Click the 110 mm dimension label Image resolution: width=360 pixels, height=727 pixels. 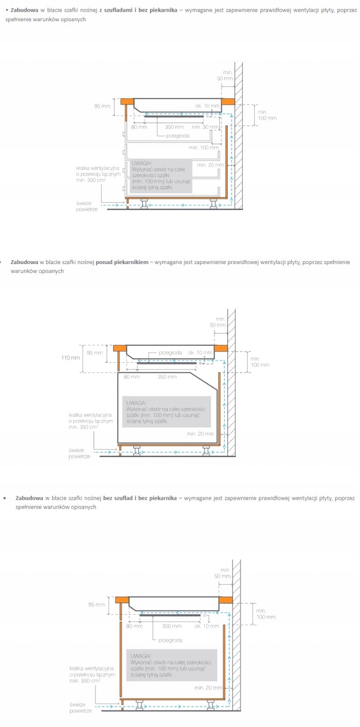[70, 358]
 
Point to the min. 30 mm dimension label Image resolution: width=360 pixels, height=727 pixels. [205, 127]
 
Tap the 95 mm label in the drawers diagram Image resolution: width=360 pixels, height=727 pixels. [102, 106]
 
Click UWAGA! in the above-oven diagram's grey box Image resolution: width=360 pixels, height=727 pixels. [136, 403]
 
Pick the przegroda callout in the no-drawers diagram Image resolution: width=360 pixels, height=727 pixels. [170, 641]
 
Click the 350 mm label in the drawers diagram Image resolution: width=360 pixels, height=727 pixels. [174, 127]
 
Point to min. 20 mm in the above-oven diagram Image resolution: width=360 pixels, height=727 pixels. [200, 434]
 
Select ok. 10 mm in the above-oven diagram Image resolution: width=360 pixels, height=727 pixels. [200, 353]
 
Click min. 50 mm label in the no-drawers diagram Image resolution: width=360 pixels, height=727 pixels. [223, 573]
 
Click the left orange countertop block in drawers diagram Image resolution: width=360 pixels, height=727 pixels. [127, 102]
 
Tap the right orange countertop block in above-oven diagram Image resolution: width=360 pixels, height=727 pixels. [221, 348]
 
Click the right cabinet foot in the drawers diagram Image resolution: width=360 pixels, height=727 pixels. [214, 204]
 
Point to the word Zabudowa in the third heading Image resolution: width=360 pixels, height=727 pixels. [29, 498]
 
